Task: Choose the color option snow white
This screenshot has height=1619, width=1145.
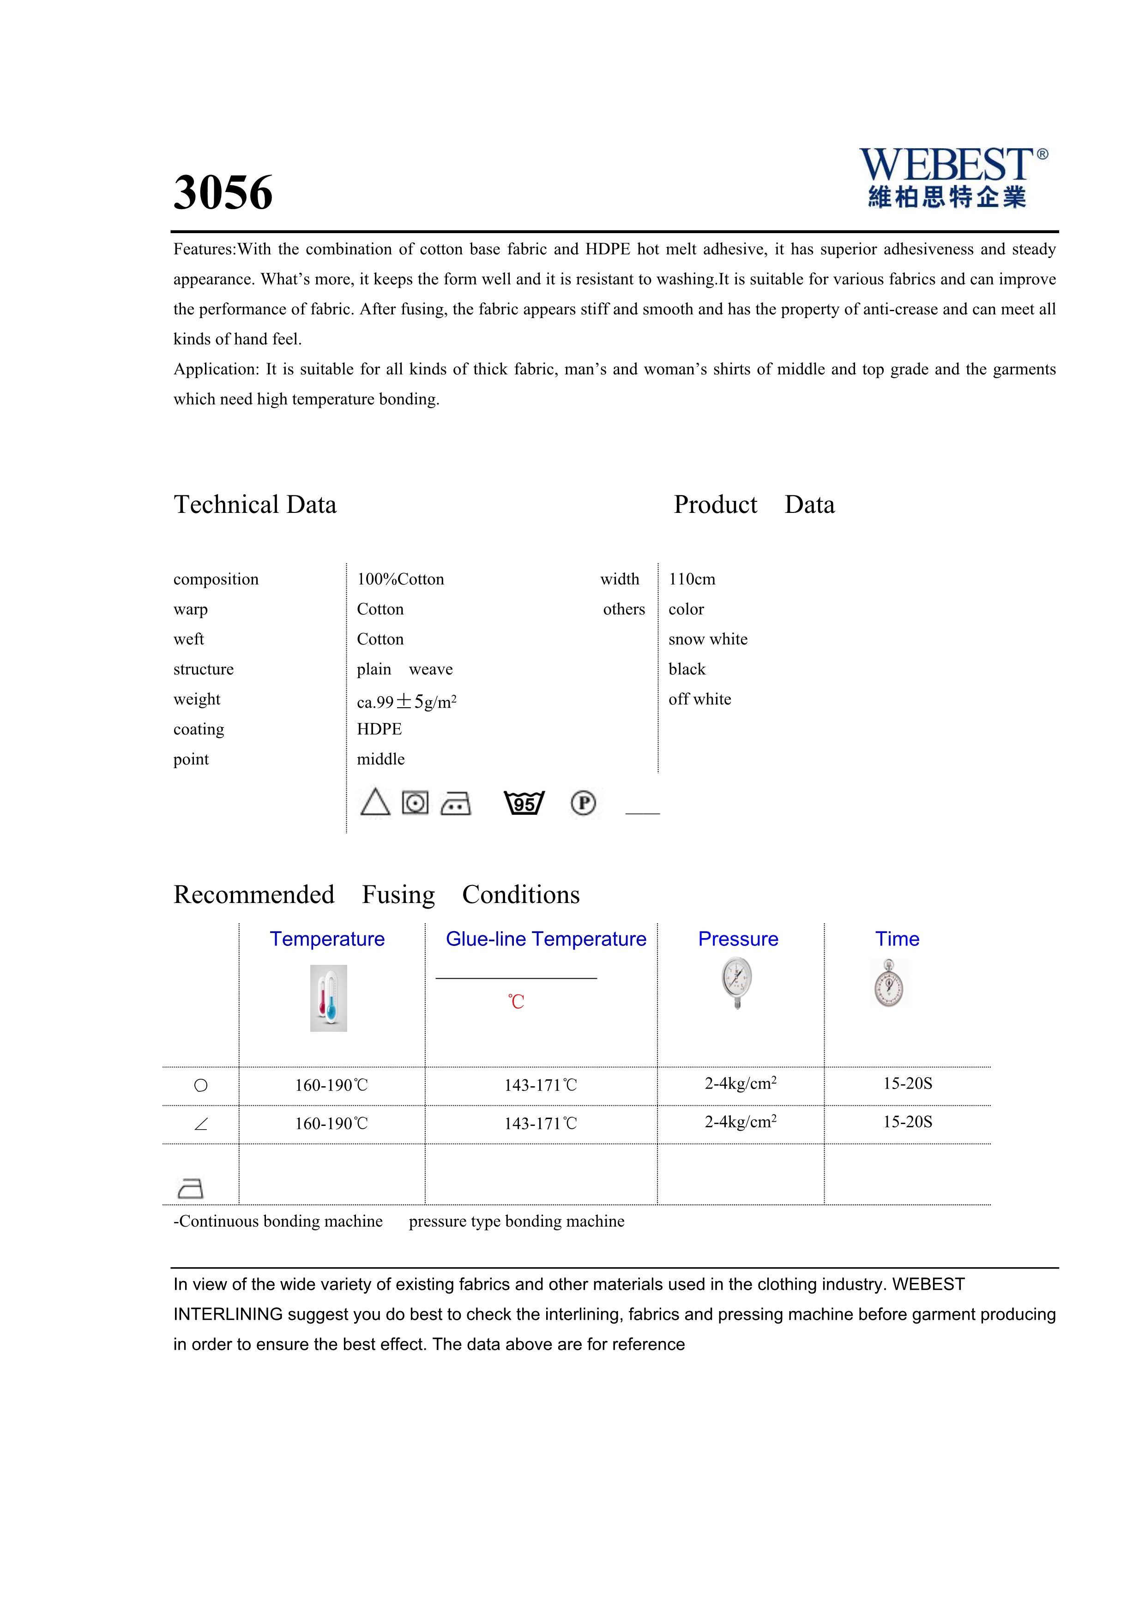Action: (708, 639)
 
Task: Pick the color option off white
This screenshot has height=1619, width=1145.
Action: (699, 699)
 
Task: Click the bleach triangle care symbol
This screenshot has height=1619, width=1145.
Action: (375, 802)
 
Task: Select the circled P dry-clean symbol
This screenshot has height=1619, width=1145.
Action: (583, 802)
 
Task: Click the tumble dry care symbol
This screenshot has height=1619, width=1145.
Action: (415, 802)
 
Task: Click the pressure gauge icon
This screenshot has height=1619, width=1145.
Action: (737, 982)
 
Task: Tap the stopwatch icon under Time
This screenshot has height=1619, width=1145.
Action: (889, 983)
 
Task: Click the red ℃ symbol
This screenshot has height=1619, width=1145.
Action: (516, 1001)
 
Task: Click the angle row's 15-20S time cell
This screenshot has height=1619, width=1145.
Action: (907, 1122)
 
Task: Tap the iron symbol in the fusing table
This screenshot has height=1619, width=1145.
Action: (190, 1189)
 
